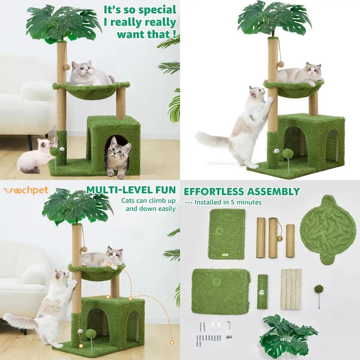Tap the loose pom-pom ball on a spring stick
318,292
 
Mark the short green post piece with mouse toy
262,292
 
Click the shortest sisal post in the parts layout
290,241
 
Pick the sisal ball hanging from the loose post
280,249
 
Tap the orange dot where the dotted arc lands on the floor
172,342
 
